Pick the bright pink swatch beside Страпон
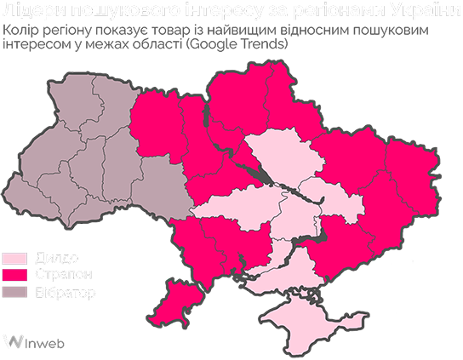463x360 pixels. pos(14,277)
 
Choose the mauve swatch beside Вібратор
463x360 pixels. pos(14,294)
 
